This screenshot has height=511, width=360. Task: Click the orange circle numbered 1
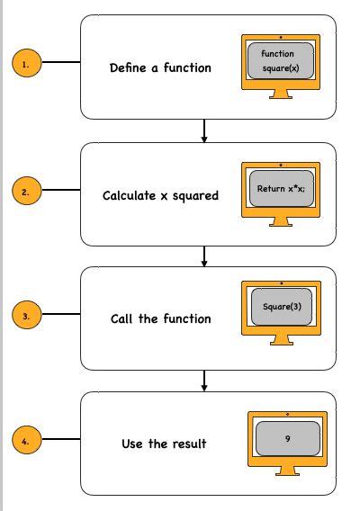[x=25, y=63]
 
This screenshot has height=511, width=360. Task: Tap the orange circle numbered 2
[x=25, y=192]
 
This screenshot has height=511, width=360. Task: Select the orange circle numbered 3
[x=25, y=317]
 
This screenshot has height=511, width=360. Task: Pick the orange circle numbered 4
[x=25, y=442]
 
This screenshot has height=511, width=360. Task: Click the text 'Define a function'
[x=160, y=67]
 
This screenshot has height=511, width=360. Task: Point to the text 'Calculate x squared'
[x=160, y=195]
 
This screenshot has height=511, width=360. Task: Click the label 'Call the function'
[x=160, y=318]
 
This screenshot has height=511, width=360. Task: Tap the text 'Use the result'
[x=164, y=444]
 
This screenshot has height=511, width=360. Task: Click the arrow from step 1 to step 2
[x=205, y=131]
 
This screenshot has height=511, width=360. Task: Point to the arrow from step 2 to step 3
[x=205, y=255]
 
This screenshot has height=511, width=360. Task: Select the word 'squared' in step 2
[x=195, y=195]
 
